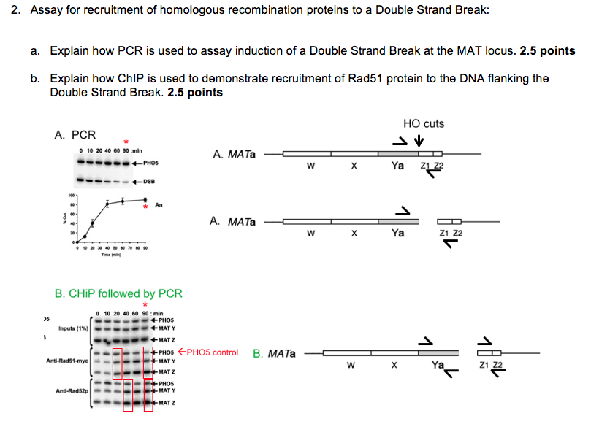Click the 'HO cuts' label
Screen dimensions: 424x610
(x=423, y=123)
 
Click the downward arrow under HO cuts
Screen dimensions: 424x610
(x=419, y=141)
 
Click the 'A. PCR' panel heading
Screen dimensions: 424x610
(x=75, y=135)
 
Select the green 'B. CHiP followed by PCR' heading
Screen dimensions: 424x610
(x=118, y=293)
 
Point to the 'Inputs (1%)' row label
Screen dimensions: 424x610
(x=72, y=328)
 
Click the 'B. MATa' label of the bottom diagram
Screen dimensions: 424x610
(x=274, y=354)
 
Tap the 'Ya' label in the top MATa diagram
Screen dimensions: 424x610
(x=397, y=166)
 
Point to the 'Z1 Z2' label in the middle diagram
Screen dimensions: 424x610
(x=451, y=233)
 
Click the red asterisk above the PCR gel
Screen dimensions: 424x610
(x=126, y=141)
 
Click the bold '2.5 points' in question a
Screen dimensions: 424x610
(x=547, y=51)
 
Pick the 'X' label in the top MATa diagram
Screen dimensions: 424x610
(x=352, y=166)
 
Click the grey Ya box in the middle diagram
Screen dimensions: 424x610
(x=397, y=221)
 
